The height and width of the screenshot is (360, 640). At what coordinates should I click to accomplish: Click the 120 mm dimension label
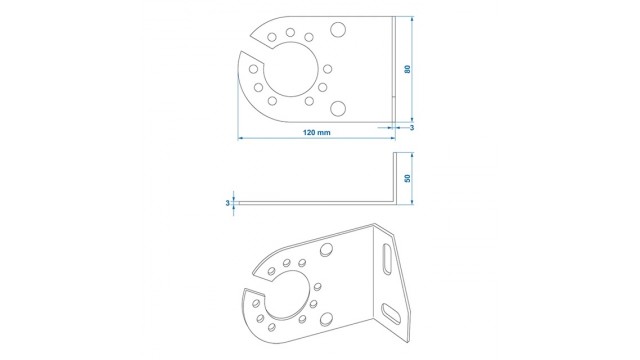tap(316, 132)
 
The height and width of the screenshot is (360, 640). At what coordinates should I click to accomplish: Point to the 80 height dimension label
tap(407, 69)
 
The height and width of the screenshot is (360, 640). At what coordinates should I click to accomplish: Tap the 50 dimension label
tap(407, 178)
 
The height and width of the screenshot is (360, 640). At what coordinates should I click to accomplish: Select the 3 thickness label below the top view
tap(412, 128)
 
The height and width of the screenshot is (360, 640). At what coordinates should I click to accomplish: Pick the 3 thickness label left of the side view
tap(227, 203)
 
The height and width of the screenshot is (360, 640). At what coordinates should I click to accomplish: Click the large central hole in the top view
tap(291, 69)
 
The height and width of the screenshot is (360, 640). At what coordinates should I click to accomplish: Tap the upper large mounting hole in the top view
tap(338, 30)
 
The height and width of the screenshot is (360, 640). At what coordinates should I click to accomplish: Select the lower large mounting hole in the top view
tap(338, 109)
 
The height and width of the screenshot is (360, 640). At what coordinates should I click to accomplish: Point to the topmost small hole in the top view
tap(290, 32)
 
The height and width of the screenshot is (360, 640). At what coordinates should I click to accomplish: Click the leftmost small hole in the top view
tap(253, 69)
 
